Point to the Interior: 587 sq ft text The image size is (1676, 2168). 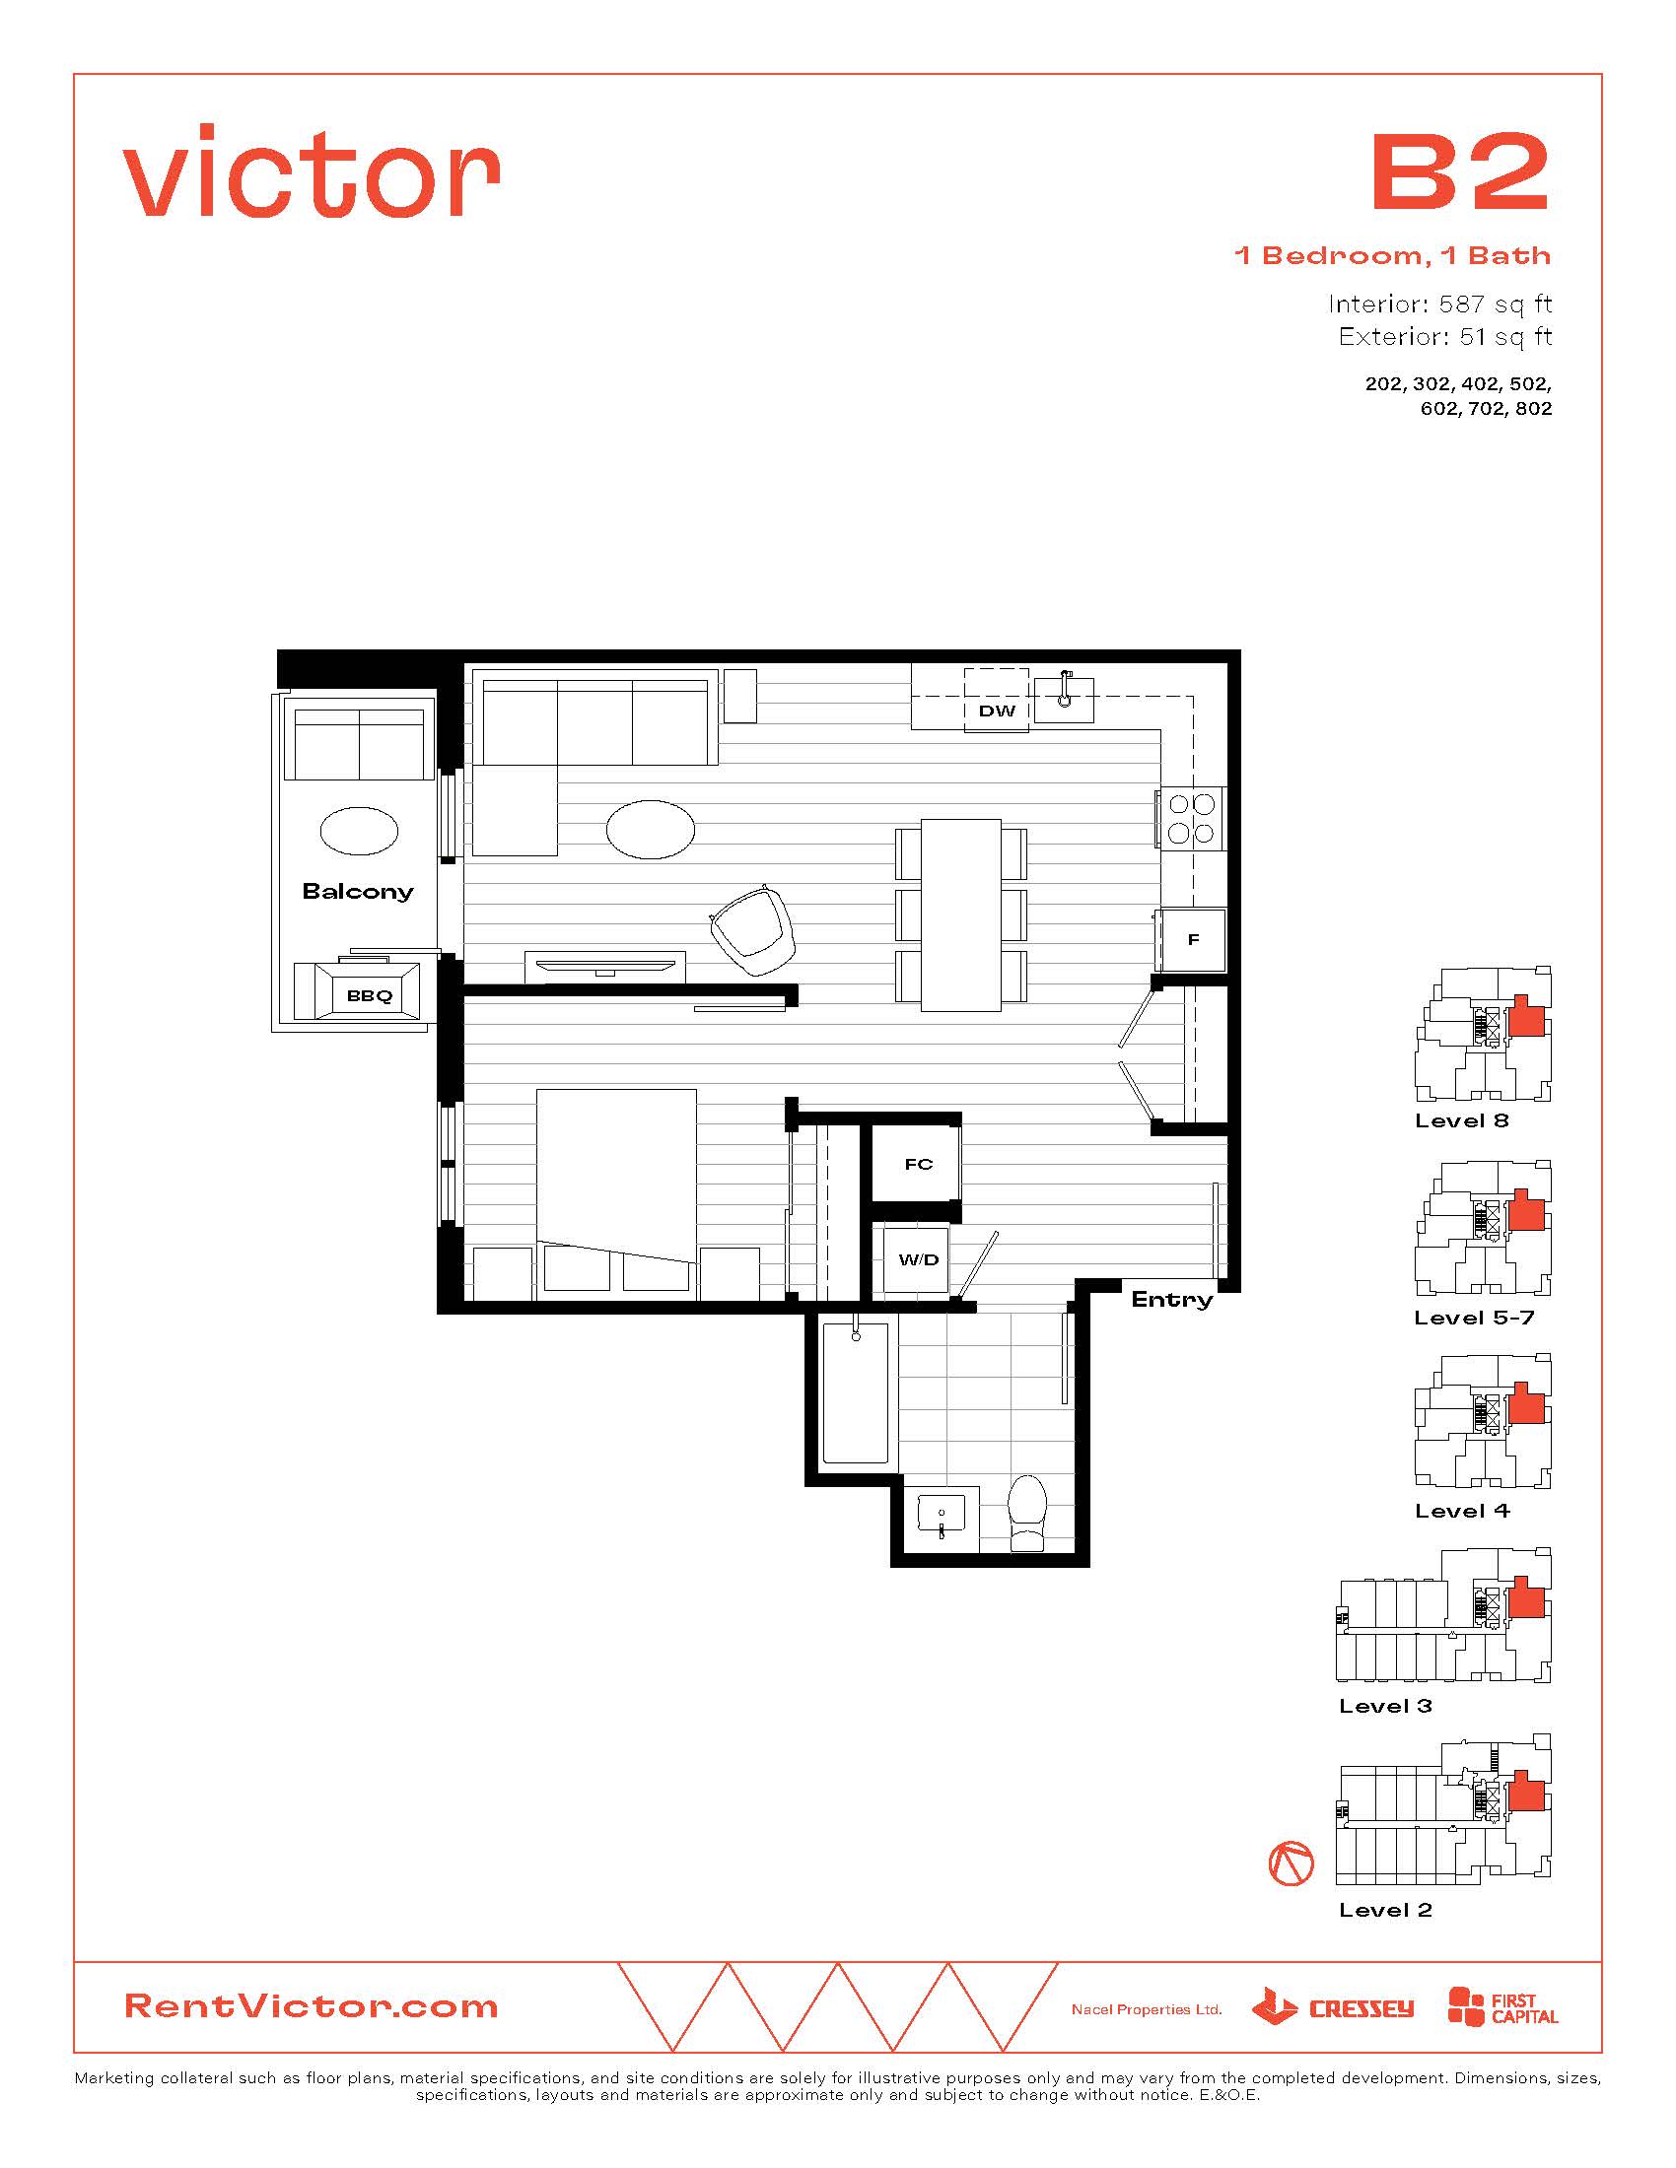(1439, 304)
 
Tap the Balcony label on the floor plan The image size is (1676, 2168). (358, 892)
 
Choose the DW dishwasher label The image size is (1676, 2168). (997, 711)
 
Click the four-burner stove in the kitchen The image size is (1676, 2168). (1192, 818)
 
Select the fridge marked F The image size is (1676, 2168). (1192, 939)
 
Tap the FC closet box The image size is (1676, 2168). (918, 1164)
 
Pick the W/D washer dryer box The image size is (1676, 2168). (918, 1258)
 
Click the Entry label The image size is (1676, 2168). (1171, 1300)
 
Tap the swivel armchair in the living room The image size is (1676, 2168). (752, 930)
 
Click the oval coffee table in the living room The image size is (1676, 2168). (651, 829)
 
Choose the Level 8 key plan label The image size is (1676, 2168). (1461, 1120)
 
